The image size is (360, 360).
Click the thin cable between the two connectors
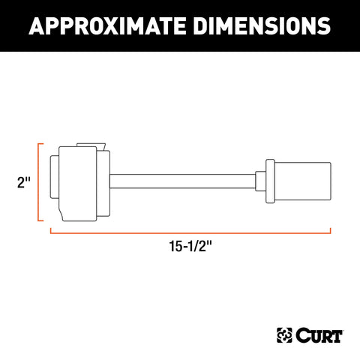[x=184, y=181]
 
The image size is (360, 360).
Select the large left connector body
[x=78, y=181]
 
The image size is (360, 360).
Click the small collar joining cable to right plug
[x=259, y=181]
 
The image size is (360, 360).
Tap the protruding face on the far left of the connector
[x=53, y=181]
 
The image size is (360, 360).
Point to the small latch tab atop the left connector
[x=88, y=142]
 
